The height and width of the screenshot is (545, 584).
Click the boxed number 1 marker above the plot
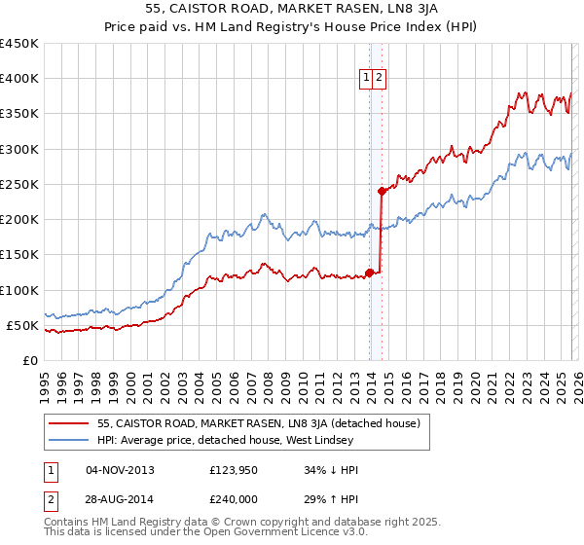pos(367,80)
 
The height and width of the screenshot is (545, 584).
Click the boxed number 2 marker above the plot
pos(380,80)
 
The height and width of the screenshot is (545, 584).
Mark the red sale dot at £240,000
pos(383,191)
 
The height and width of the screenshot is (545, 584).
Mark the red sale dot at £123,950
pos(369,272)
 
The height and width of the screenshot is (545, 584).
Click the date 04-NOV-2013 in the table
pos(120,470)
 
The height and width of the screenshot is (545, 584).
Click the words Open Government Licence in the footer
pos(255,534)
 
